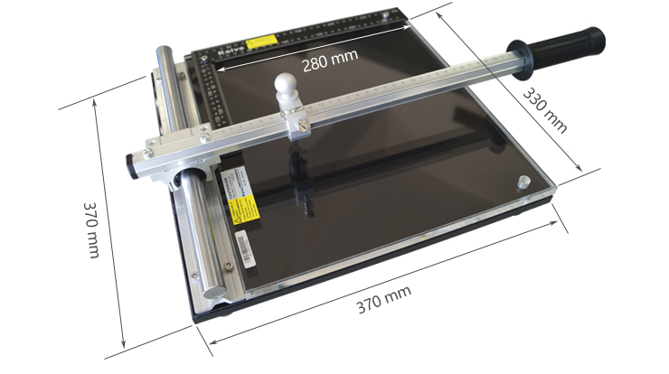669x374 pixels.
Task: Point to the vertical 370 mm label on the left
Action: (x=91, y=229)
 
